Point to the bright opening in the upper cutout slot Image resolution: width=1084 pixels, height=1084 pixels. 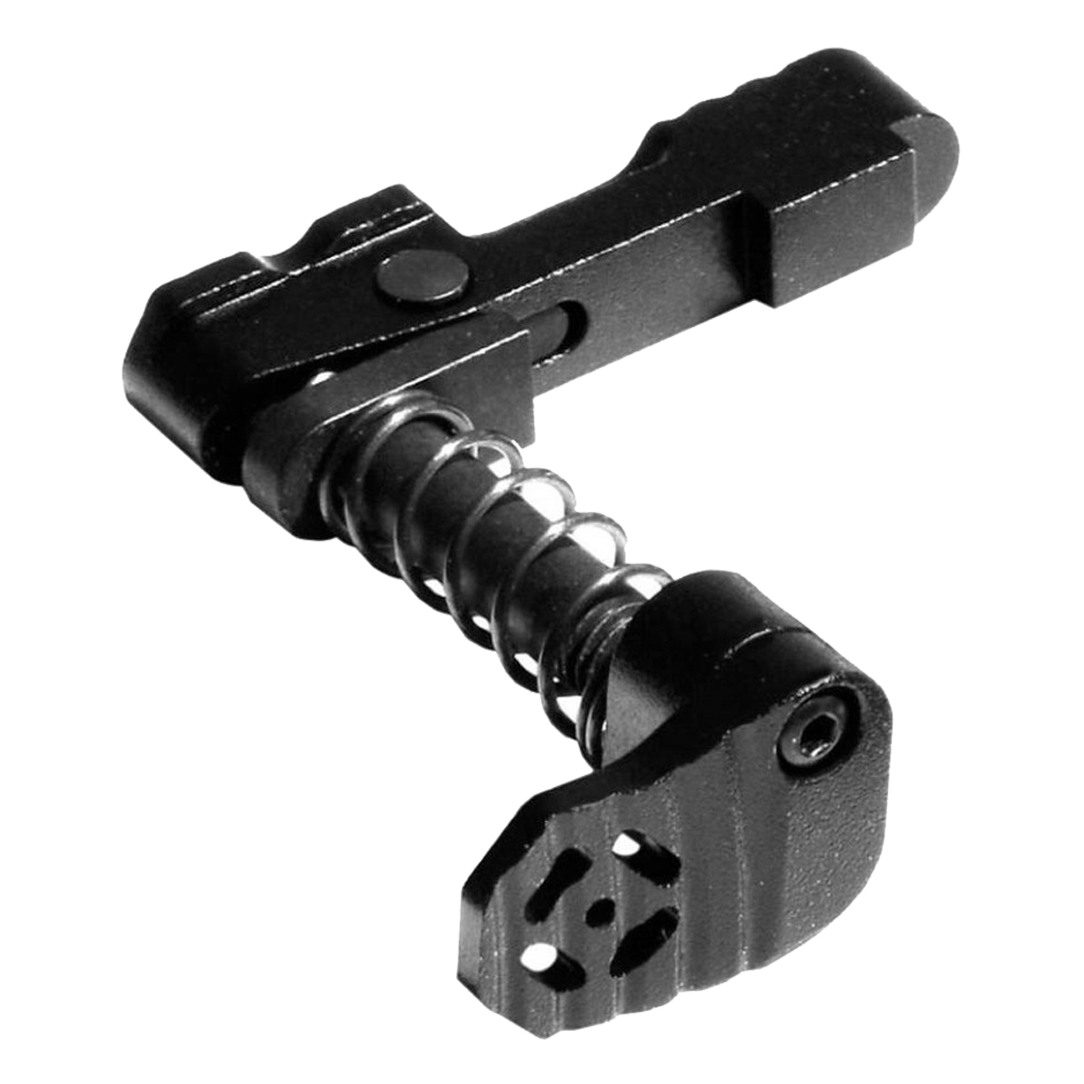point(623,846)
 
